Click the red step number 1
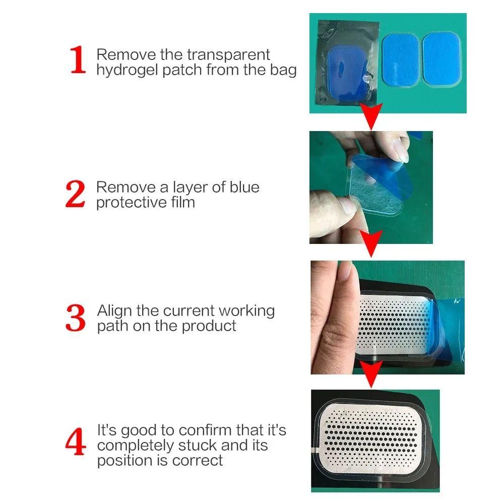78,61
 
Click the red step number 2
76,195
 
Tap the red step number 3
76,318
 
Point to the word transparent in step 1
229,54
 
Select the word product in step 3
209,326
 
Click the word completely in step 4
130,446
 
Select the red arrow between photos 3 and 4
372,377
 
